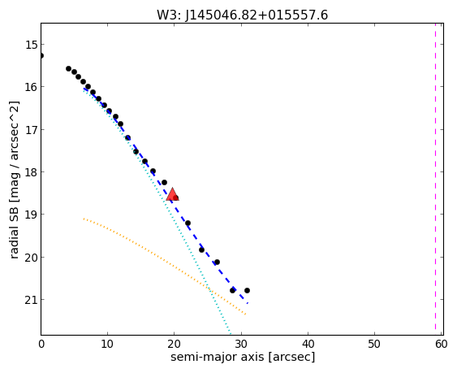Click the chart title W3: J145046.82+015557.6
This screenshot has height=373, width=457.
pos(242,15)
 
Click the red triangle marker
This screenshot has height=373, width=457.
pos(172,195)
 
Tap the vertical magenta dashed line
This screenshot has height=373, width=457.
pos(435,179)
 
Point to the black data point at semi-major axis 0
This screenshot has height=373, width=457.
pos(41,55)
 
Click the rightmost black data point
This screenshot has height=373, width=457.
pos(247,290)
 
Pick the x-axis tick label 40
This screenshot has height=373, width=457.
pos(308,345)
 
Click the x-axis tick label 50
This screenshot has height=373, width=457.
pos(374,345)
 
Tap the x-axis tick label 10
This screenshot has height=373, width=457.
pos(107,345)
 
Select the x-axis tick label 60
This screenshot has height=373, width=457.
pos(442,345)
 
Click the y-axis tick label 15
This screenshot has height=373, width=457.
pos(30,45)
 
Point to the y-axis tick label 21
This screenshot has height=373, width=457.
pos(30,300)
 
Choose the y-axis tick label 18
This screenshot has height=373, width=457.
pos(30,172)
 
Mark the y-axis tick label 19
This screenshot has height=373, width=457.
pos(30,215)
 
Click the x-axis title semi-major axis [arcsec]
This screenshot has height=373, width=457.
pos(243,358)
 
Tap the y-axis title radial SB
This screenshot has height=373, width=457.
pos(15,231)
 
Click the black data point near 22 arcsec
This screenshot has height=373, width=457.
pos(188,223)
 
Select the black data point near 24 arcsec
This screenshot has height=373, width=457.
pos(201,249)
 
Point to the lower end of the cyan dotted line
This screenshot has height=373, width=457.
pos(231,334)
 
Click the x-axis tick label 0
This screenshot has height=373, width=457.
pos(41,345)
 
